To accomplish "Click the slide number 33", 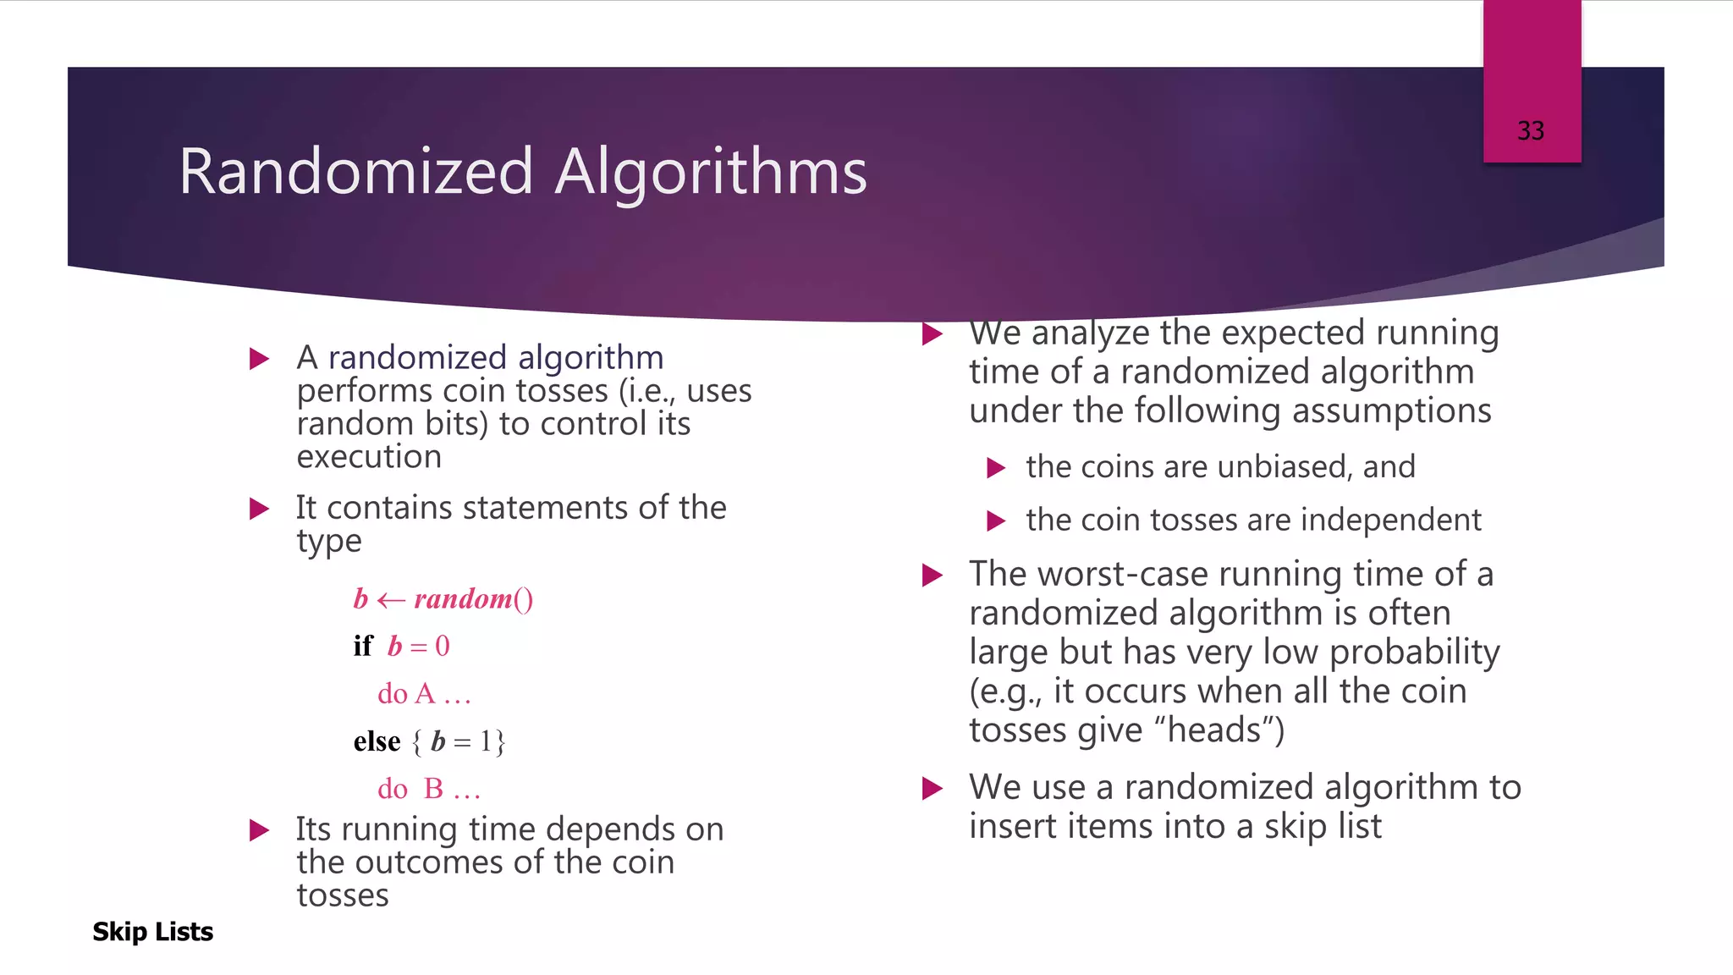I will [x=1530, y=131].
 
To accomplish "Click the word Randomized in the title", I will [x=355, y=172].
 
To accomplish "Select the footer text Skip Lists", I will [x=152, y=932].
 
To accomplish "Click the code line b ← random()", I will [x=443, y=599].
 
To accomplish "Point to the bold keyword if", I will [x=362, y=647].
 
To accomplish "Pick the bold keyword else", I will [x=377, y=741].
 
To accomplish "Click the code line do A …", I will [x=423, y=694].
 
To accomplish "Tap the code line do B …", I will [x=428, y=789].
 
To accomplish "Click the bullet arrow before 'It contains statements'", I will [x=260, y=509].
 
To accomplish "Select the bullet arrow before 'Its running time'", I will [x=260, y=830].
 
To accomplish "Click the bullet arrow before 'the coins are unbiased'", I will [x=996, y=468].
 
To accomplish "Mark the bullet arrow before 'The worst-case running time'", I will [x=932, y=576].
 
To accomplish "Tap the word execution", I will [x=369, y=457].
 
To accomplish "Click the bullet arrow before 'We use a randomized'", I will [x=932, y=789].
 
